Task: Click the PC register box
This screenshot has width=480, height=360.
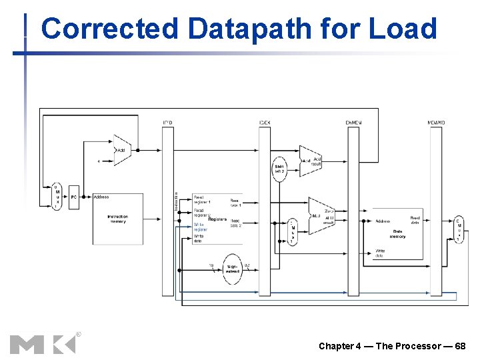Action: click(x=74, y=197)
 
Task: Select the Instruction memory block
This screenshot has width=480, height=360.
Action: click(x=117, y=219)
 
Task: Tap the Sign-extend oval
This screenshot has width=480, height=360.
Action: click(x=232, y=269)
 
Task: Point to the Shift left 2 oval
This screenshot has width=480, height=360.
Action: click(x=279, y=169)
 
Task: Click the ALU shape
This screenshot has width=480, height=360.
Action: click(x=321, y=215)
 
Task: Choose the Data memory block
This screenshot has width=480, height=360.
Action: click(x=397, y=234)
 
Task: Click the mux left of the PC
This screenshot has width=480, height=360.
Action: click(x=57, y=196)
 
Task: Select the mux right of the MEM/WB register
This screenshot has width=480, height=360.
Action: click(x=458, y=229)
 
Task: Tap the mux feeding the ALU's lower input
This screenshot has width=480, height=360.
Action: click(x=292, y=231)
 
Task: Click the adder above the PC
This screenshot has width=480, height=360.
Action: click(x=121, y=151)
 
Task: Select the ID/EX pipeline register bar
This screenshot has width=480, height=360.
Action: click(x=265, y=210)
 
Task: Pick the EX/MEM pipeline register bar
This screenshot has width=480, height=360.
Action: click(x=353, y=210)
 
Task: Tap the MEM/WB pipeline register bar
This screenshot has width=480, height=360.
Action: click(x=437, y=210)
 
